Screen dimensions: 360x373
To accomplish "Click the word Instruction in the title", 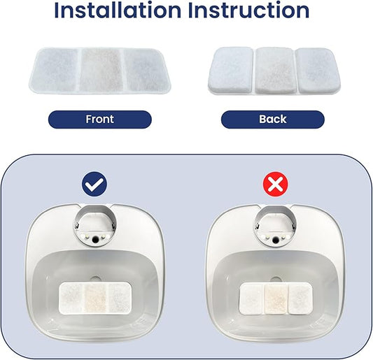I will (x=248, y=10).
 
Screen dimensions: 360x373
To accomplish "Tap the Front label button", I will (x=99, y=120).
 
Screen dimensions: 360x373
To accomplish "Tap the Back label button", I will (x=272, y=120).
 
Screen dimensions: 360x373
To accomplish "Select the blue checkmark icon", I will (x=94, y=185).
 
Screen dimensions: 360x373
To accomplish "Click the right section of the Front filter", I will (x=142, y=71).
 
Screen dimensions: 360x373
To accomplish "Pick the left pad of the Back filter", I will (x=232, y=71).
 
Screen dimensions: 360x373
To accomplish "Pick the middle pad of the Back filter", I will (x=274, y=71).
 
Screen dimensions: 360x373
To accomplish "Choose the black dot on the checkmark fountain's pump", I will (x=94, y=239).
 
